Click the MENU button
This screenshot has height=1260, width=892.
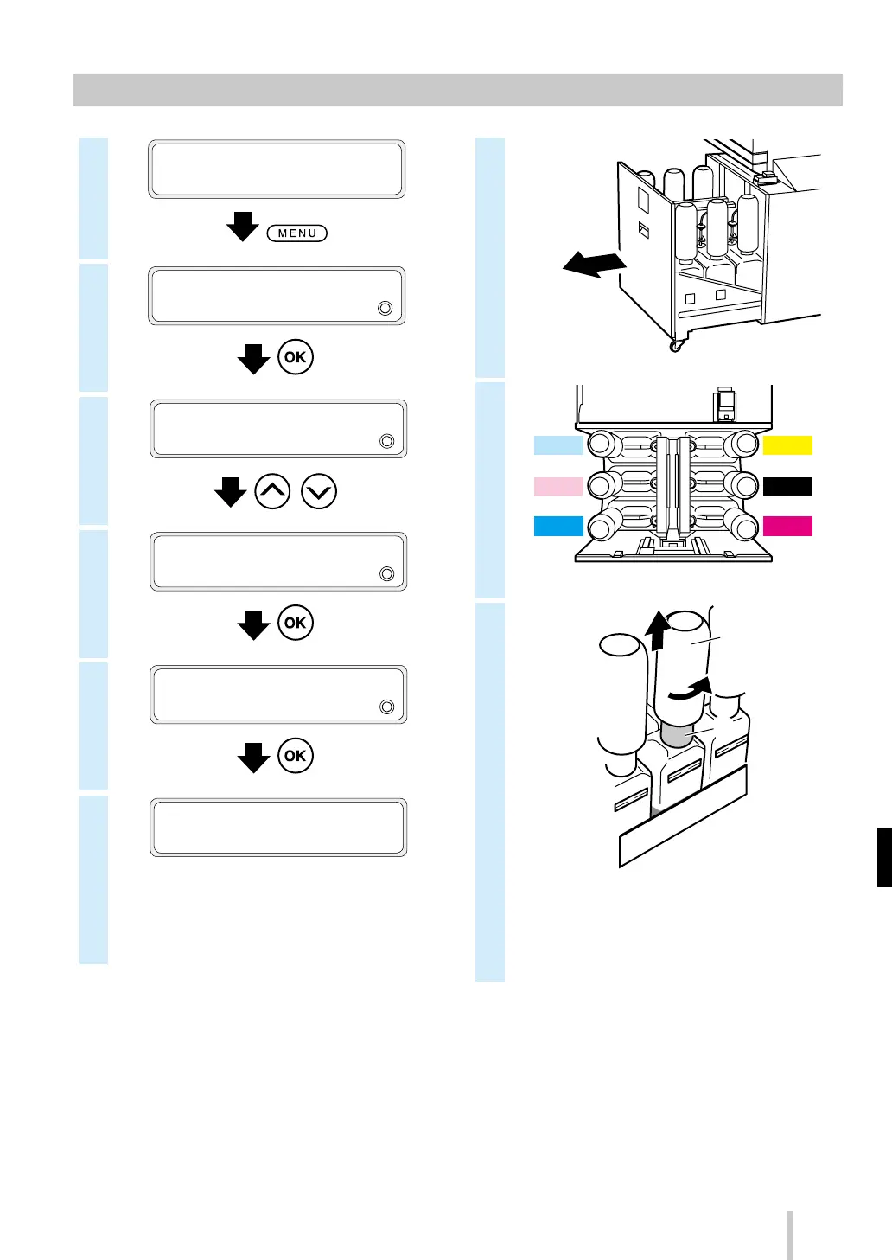click(297, 233)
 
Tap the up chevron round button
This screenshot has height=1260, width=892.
click(272, 492)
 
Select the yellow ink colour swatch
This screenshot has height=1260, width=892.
click(787, 445)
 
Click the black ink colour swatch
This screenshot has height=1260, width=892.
click(787, 487)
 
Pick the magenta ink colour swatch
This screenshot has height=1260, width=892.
click(787, 526)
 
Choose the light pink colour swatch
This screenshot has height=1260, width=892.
click(558, 487)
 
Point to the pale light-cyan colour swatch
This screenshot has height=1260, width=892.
click(558, 445)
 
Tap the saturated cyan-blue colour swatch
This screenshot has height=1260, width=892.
click(558, 526)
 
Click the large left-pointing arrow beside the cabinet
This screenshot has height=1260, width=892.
click(594, 265)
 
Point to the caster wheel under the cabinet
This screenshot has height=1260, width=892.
click(675, 345)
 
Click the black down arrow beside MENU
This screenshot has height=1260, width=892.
click(243, 227)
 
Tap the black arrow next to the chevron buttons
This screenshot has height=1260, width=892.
click(231, 492)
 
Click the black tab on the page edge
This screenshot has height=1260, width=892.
click(884, 857)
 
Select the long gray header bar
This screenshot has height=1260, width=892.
click(457, 90)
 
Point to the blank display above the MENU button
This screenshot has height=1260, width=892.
click(277, 169)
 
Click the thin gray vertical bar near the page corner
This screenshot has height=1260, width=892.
click(789, 1235)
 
